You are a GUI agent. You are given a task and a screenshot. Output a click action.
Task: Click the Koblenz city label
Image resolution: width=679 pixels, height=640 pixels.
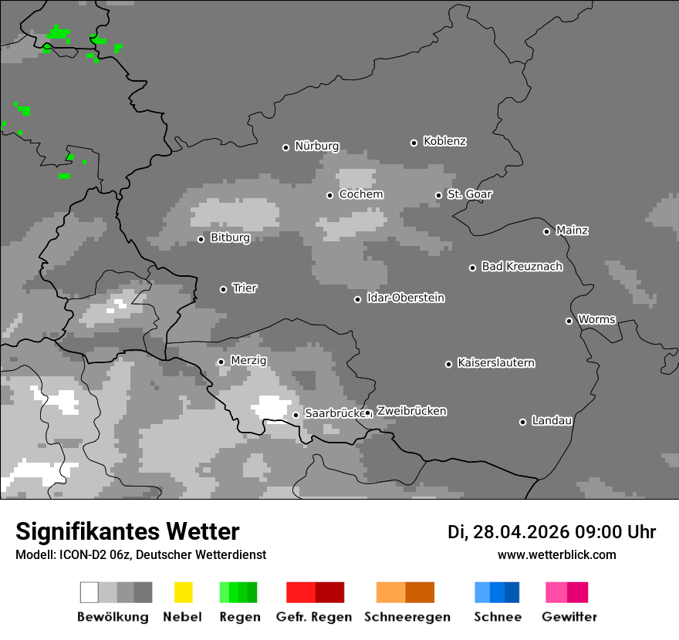point(444,141)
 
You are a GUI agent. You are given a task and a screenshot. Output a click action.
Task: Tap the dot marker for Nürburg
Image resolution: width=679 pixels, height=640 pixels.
point(285,147)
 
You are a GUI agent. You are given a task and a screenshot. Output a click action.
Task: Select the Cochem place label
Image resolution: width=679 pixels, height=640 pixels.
point(361,194)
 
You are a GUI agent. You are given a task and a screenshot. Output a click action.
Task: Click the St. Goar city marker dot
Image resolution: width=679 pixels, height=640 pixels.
point(438,195)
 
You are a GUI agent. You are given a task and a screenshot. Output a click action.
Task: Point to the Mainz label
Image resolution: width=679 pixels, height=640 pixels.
point(572,230)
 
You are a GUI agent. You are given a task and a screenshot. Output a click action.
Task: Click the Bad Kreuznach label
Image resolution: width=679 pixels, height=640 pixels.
point(522,266)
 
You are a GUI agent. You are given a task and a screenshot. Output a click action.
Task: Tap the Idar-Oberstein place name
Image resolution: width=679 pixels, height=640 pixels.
point(406,298)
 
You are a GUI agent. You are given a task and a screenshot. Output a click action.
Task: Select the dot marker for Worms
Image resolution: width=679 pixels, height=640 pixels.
point(569,321)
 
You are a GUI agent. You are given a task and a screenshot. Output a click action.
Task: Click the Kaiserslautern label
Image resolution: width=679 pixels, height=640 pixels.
point(495,362)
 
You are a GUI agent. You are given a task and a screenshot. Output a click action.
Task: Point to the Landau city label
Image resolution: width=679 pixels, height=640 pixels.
point(552,420)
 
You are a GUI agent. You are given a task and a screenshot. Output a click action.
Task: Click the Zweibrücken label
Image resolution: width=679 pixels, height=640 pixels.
point(411,411)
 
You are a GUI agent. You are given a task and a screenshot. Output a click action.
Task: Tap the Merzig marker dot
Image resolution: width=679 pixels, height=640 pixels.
point(221,362)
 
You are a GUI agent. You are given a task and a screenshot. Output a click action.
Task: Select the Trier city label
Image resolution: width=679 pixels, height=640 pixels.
point(245,288)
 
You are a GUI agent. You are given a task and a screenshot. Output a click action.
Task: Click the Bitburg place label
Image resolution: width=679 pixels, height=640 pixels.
point(230,237)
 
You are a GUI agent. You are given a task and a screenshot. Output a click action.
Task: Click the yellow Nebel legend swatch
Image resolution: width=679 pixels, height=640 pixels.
point(183,592)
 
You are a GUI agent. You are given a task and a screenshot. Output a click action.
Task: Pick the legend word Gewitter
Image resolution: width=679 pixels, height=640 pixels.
point(569,617)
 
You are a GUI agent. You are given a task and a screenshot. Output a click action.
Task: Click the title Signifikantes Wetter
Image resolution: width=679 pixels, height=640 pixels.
point(127,531)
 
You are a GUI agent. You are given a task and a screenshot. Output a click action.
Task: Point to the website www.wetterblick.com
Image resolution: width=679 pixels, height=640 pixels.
point(556,554)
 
